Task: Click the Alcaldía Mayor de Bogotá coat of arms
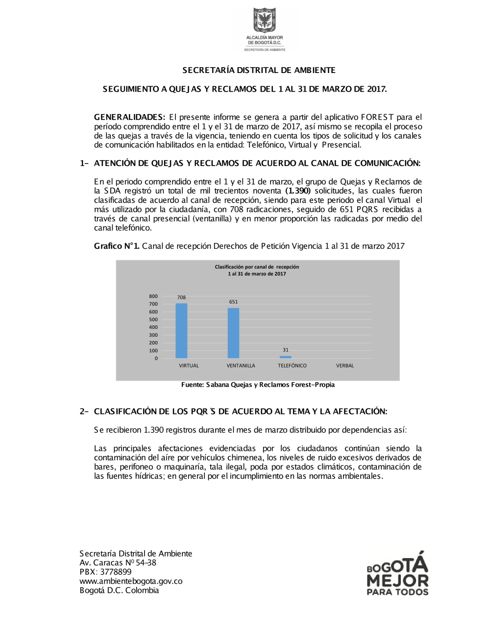[x=265, y=20]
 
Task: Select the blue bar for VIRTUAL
[x=181, y=331]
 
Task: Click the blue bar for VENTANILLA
[x=233, y=333]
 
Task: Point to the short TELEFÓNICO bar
[x=285, y=357]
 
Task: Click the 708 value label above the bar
[x=181, y=297]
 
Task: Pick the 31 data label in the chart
[x=286, y=350]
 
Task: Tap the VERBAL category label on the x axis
[x=345, y=366]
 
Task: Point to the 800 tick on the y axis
[x=153, y=296]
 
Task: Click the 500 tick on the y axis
[x=153, y=319]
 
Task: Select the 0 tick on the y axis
[x=156, y=358]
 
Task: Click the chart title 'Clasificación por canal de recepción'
[x=257, y=267]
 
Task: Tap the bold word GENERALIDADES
[x=129, y=117]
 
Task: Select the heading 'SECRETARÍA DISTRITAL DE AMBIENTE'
[x=259, y=70]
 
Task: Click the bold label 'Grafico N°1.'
[x=117, y=246]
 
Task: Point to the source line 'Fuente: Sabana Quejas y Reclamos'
[x=258, y=385]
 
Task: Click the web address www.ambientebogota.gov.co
[x=131, y=581]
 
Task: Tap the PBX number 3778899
[x=116, y=572]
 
